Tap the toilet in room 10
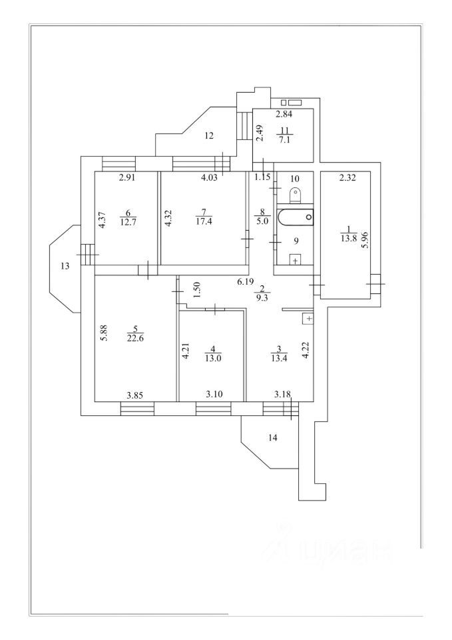[296, 193]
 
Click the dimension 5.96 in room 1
[363, 239]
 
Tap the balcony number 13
[65, 266]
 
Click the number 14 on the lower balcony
[272, 438]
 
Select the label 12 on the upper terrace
[208, 136]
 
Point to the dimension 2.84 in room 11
[284, 113]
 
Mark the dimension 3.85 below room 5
[136, 395]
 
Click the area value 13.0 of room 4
[213, 357]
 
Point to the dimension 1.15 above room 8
[264, 177]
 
